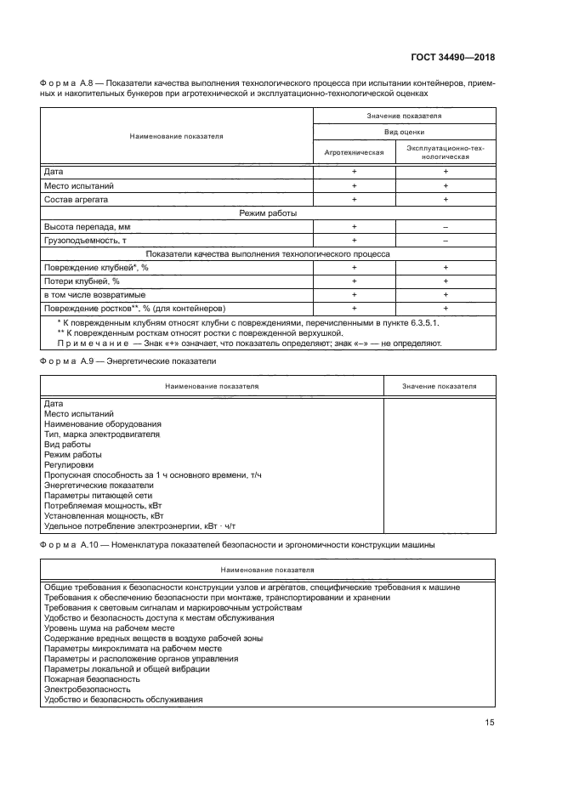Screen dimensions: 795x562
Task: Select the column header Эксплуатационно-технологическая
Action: pos(445,153)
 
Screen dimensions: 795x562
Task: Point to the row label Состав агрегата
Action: pos(77,199)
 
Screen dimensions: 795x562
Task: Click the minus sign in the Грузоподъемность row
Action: pos(445,241)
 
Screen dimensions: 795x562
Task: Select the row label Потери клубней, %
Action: pos(82,281)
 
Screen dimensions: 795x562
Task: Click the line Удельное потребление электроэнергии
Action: pos(139,525)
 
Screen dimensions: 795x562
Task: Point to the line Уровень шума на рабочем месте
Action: pos(108,628)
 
